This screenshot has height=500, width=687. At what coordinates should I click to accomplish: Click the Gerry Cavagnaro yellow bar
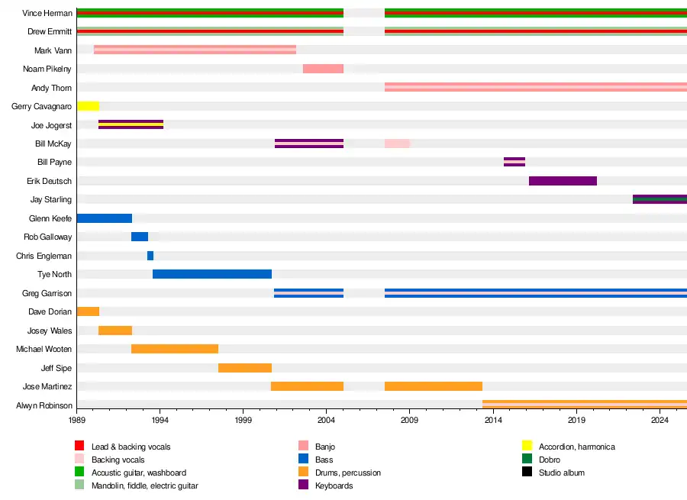tap(88, 106)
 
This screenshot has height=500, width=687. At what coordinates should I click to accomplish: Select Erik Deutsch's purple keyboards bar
tap(563, 181)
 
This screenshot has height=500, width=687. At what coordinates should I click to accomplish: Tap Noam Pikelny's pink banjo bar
tap(323, 69)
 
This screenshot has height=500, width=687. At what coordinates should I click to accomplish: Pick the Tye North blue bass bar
tap(212, 274)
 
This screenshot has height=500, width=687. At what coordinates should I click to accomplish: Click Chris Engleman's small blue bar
tap(150, 256)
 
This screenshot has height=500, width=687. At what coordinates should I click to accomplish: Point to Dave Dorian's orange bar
tap(88, 311)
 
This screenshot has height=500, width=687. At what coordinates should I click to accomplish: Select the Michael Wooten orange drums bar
tap(175, 349)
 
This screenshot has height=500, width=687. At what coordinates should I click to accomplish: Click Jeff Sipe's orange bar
tap(245, 368)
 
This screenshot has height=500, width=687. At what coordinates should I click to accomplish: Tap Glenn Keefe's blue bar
tap(105, 218)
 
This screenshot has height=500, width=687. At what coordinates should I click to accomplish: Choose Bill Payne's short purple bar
tap(514, 162)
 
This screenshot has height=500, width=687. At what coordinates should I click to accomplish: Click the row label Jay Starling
tap(51, 200)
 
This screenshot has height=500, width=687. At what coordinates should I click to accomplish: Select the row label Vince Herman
tap(47, 13)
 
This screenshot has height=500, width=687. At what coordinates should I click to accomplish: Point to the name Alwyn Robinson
tap(44, 405)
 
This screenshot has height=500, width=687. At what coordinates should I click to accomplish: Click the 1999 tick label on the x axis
tap(244, 420)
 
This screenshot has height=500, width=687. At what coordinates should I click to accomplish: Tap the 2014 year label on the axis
tap(493, 420)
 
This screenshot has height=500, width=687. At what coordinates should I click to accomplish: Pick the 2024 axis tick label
tap(660, 420)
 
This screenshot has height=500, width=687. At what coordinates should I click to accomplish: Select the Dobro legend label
tap(549, 460)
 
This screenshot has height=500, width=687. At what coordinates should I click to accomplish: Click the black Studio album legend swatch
tap(527, 473)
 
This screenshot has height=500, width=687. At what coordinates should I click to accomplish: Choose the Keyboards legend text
tap(334, 485)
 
